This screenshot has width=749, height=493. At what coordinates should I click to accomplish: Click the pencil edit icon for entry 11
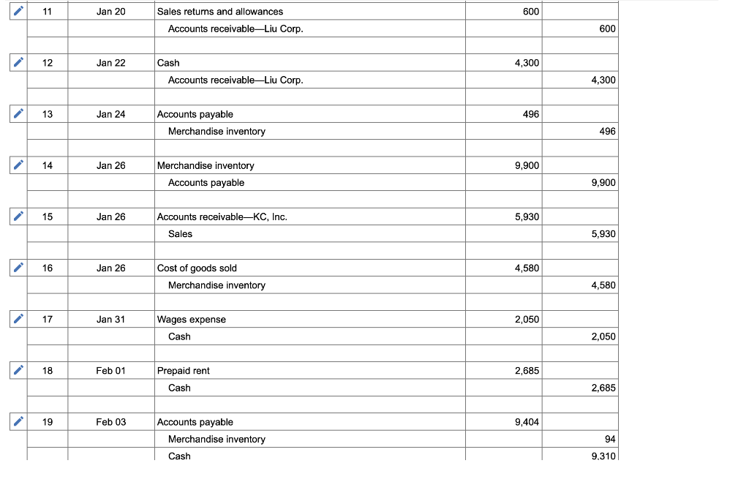tap(18, 12)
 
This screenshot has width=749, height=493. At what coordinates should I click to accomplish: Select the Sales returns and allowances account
tap(220, 12)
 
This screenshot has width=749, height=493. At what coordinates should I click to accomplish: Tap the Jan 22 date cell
tap(110, 63)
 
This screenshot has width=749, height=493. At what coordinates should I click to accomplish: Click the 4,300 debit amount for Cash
tap(527, 63)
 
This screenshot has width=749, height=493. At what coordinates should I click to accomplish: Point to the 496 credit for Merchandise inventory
tap(606, 132)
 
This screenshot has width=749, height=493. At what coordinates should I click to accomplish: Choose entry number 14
tap(48, 165)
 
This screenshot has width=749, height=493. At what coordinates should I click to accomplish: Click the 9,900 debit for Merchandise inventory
tap(527, 165)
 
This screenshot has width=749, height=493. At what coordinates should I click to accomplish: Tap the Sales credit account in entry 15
tap(181, 234)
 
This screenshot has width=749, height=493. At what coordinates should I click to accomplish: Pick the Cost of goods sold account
tap(197, 268)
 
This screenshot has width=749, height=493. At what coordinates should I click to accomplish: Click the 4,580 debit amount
tap(527, 268)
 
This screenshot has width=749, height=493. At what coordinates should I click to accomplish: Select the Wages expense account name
tap(192, 320)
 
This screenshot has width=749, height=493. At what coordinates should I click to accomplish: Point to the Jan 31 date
tap(110, 320)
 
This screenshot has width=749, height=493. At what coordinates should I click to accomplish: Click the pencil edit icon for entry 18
tap(18, 371)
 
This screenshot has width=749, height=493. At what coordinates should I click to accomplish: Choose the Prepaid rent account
tap(184, 371)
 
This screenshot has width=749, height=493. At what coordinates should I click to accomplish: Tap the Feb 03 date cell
tap(110, 422)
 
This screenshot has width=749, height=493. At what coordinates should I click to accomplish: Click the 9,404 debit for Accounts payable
tap(527, 422)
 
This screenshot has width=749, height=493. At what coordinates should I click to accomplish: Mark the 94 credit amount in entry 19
tap(610, 440)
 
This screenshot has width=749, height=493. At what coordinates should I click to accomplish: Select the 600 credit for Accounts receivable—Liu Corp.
tap(606, 29)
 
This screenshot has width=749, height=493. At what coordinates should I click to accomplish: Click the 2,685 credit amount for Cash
tap(603, 388)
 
